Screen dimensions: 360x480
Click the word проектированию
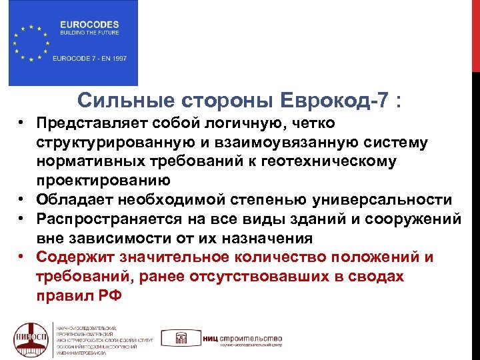103,181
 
